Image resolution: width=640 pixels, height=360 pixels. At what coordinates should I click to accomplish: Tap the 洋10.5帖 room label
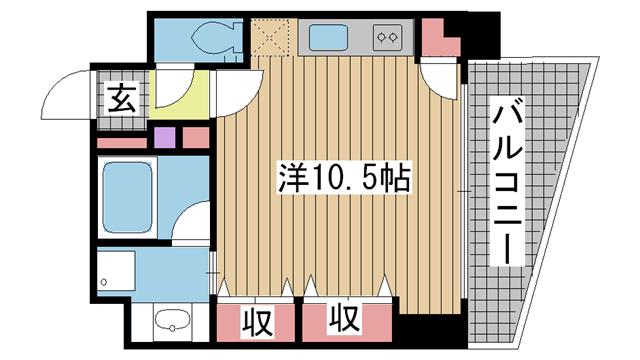tap(343, 180)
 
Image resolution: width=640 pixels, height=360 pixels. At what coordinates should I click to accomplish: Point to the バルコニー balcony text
tap(508, 185)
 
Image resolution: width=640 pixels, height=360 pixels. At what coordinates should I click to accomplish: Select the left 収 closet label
tap(257, 322)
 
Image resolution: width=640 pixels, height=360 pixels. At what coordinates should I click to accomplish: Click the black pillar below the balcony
tap(433, 328)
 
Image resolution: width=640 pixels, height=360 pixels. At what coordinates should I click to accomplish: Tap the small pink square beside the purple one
tap(196, 136)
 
